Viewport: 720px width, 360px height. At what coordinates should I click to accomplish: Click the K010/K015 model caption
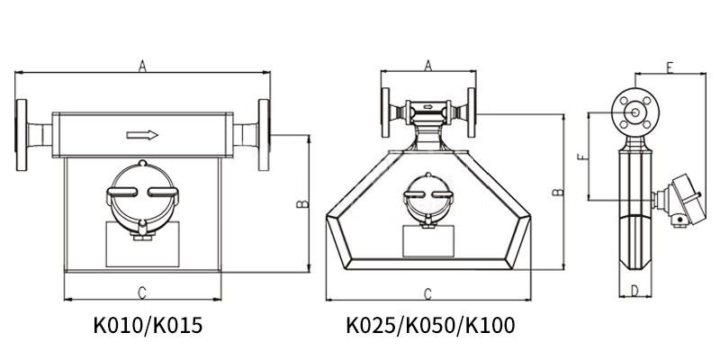[148, 326]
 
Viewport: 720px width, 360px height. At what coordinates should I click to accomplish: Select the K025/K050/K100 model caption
[430, 326]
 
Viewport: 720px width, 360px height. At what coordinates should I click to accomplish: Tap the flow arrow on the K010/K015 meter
[142, 135]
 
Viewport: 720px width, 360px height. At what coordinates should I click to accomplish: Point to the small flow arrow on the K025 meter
[428, 107]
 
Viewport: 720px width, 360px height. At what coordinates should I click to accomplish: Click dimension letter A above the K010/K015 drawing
[142, 67]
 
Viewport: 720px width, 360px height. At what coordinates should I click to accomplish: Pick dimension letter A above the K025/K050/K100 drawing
[428, 66]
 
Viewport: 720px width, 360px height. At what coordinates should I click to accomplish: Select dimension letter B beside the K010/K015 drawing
[302, 203]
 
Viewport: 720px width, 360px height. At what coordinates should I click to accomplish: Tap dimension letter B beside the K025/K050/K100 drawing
[558, 192]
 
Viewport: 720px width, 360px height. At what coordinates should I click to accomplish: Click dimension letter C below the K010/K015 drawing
[142, 292]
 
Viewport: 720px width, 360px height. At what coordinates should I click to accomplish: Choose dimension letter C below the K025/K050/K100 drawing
[427, 294]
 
